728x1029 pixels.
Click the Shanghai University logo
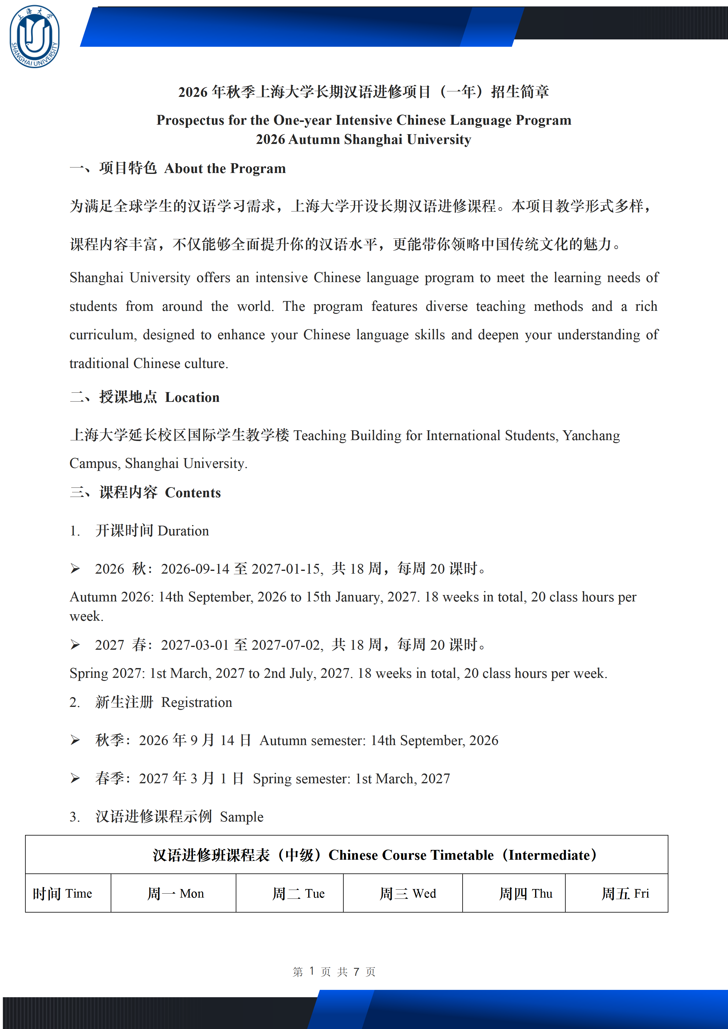(35, 37)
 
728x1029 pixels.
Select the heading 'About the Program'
(225, 168)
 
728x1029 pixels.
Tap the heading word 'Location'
(192, 398)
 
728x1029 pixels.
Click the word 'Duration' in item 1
(183, 531)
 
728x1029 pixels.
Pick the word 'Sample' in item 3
(242, 817)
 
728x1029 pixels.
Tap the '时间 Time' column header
(62, 894)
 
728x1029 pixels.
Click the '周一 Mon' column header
(176, 894)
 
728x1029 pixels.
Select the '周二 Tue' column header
(298, 894)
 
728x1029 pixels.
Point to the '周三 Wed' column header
(408, 894)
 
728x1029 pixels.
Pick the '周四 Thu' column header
(526, 894)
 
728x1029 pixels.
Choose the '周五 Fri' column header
(625, 894)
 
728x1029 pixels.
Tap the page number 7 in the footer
(357, 972)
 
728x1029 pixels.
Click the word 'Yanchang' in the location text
(591, 435)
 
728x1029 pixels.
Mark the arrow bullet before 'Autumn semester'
(75, 741)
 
